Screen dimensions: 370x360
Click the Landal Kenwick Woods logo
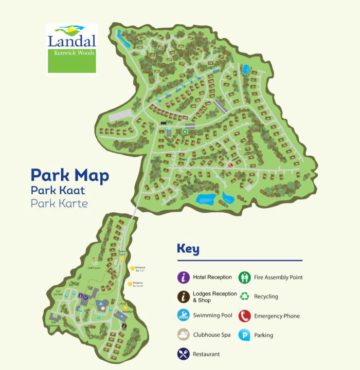point(71,48)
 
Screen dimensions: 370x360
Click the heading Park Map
point(69,175)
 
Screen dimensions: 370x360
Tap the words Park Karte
point(59,203)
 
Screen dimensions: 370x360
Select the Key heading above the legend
point(188,249)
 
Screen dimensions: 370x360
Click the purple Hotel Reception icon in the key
point(184,277)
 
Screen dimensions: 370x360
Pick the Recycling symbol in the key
point(245,297)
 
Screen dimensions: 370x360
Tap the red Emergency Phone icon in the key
point(245,316)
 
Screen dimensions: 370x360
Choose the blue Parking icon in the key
point(245,335)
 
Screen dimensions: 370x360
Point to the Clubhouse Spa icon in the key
point(184,335)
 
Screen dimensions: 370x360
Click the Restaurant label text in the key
point(206,354)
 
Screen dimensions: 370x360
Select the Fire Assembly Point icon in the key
point(245,277)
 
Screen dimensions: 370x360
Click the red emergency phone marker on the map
point(230,165)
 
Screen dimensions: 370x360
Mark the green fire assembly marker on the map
point(185,131)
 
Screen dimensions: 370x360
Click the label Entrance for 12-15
point(138,284)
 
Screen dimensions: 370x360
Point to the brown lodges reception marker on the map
point(124,326)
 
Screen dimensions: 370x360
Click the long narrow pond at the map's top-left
point(120,35)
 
